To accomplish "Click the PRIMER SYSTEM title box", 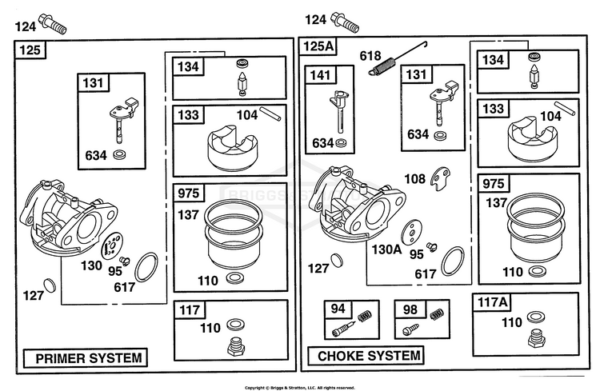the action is pos(86,358).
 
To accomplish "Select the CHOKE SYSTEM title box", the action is pos(366,356).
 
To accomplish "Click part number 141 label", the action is pos(320,74).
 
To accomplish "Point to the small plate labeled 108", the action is pos(440,178).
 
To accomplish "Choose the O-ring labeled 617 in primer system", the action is pos(146,267).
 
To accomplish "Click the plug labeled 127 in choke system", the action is pos(336,260).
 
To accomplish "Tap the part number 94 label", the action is pos(338,309).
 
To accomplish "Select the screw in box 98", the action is pos(411,329).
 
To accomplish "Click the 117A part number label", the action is pos(493,302).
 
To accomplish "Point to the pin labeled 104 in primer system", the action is pos(270,114).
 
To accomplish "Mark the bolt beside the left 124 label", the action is pos(53,24).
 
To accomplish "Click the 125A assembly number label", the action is pos(318,46).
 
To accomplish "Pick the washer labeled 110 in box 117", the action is pos(235,325).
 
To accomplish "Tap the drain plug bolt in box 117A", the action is pos(536,337).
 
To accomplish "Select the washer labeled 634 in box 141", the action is pos(341,143).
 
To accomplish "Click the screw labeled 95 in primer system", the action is pos(124,261).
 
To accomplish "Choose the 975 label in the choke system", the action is pos(494,183).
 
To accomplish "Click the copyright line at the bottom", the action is pos(300,388).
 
